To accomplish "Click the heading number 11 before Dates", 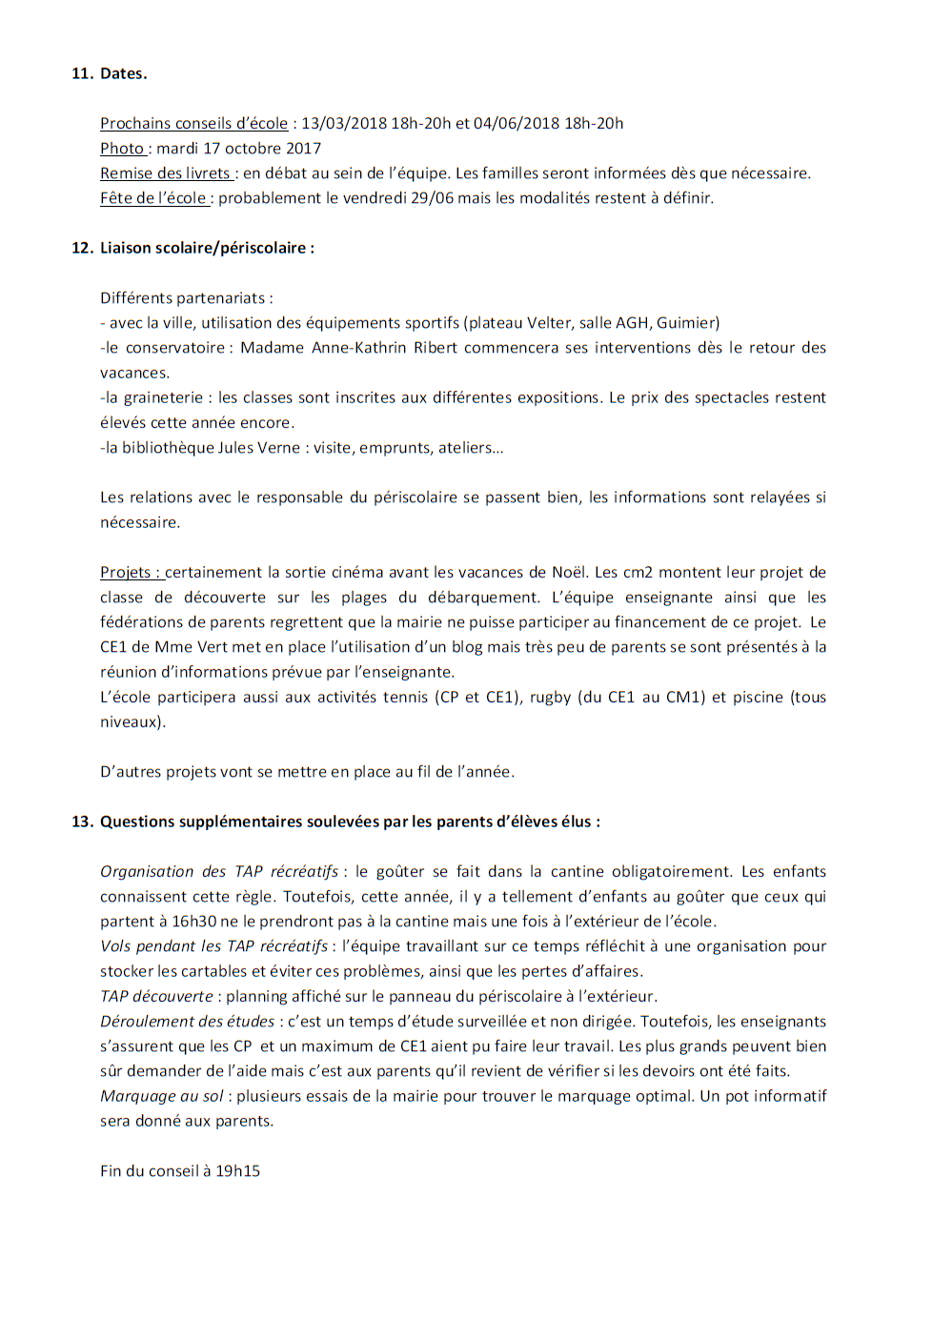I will click(x=81, y=73).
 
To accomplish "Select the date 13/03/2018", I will click(x=344, y=123).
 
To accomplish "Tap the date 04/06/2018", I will click(x=516, y=123).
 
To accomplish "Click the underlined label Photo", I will click(x=122, y=148).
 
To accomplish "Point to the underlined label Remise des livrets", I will click(x=166, y=173).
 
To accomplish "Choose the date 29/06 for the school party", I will click(x=432, y=197).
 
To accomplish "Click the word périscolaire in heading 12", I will click(x=263, y=248).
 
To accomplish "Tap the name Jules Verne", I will click(x=258, y=447).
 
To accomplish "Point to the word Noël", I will click(x=569, y=572).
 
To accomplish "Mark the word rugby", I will click(x=550, y=697).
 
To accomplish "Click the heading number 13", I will click(x=81, y=822).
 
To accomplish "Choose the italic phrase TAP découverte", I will click(x=156, y=996).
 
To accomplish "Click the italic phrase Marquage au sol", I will click(x=161, y=1095).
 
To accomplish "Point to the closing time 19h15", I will click(x=237, y=1170).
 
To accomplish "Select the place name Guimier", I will click(x=686, y=322).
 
